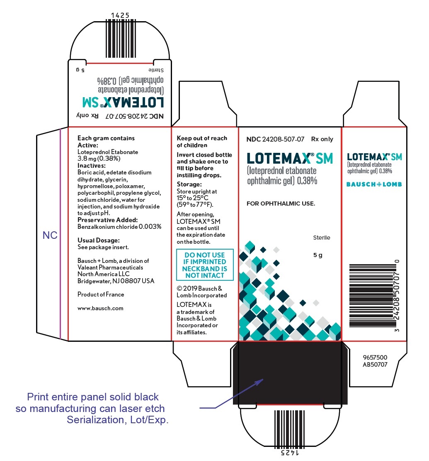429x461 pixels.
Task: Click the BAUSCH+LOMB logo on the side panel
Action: pyautogui.click(x=374, y=184)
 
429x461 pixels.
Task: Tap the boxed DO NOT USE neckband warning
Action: pyautogui.click(x=205, y=265)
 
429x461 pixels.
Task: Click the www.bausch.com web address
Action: pyautogui.click(x=100, y=309)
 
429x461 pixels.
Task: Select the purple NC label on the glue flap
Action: pyautogui.click(x=50, y=235)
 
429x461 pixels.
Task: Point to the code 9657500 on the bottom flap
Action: pyautogui.click(x=375, y=358)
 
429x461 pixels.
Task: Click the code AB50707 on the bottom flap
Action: pyautogui.click(x=375, y=365)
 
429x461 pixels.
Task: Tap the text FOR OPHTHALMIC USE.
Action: pyautogui.click(x=281, y=204)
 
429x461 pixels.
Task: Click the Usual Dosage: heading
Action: pyautogui.click(x=99, y=240)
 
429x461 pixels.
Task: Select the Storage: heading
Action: pyautogui.click(x=189, y=184)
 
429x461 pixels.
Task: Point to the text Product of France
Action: pyautogui.click(x=101, y=294)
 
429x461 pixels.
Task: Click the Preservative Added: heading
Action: pyautogui.click(x=107, y=220)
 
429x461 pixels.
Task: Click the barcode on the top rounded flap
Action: pyautogui.click(x=120, y=39)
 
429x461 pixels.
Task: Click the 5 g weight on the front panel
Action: pyautogui.click(x=318, y=255)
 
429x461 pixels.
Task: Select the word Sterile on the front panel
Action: pyautogui.click(x=322, y=238)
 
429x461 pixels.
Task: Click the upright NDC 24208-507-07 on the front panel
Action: pyautogui.click(x=275, y=139)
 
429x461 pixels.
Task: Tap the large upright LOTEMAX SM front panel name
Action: pyautogui.click(x=290, y=158)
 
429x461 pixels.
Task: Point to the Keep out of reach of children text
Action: pyautogui.click(x=202, y=142)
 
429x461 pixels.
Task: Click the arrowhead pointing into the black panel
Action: pyautogui.click(x=260, y=381)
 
